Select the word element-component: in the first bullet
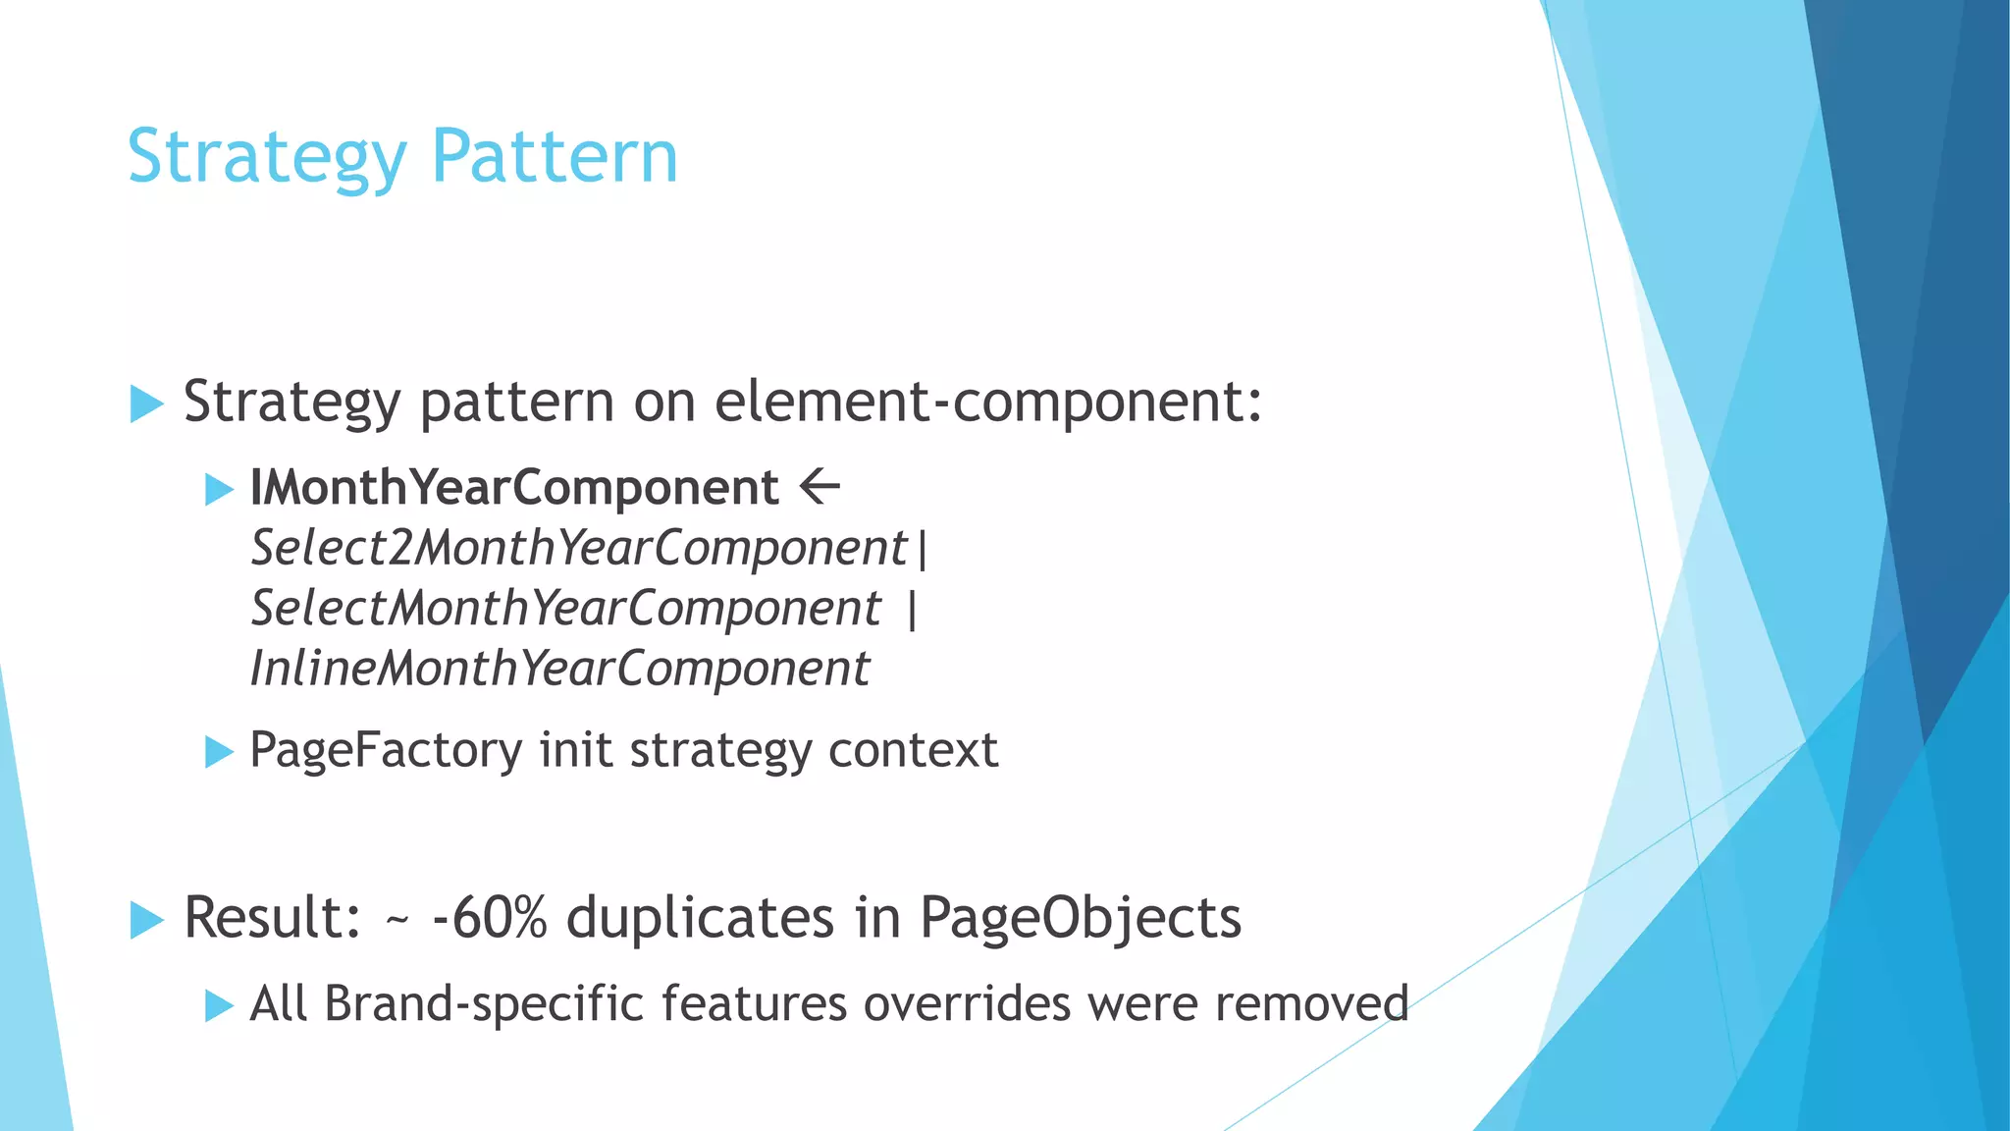988,402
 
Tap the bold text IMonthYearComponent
514,488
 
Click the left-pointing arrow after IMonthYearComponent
820,486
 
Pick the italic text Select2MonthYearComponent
579,548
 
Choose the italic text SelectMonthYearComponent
566,609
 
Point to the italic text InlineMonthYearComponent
559,670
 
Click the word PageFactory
386,751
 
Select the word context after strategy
913,751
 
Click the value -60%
489,918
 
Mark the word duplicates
701,918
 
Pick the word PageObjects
1081,920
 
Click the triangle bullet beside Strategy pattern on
146,404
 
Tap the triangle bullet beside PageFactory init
219,753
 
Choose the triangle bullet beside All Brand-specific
219,1006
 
